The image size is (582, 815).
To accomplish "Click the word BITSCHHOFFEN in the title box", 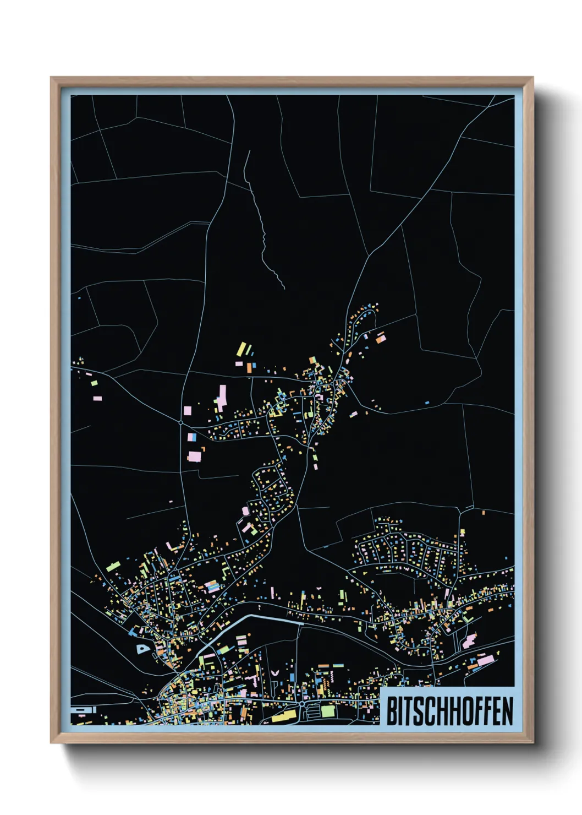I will coord(449,711).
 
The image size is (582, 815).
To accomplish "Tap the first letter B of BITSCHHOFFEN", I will coord(392,711).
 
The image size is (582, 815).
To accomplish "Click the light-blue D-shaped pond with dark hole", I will coord(142,649).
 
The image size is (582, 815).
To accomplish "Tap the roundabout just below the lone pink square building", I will coord(181,422).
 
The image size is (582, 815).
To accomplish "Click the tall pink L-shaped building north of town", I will coord(222,397).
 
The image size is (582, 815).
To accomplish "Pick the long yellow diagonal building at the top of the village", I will coord(241,349).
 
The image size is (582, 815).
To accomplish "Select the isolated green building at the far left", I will coord(94,383).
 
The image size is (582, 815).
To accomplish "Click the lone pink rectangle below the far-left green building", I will coord(97,398).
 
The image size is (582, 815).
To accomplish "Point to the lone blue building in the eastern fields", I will coord(427,403).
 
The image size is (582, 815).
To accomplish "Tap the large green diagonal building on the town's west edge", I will coord(113,566).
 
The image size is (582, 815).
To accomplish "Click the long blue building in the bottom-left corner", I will coord(83,710).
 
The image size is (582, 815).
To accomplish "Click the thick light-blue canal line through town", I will coord(264,618).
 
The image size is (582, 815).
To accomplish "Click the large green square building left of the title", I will coord(328,711).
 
